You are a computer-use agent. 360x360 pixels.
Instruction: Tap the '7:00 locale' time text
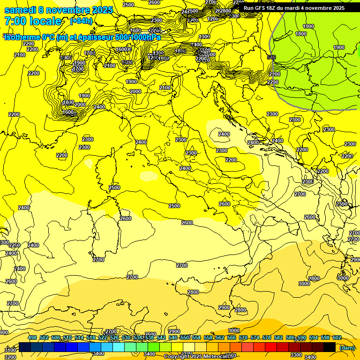point(33,21)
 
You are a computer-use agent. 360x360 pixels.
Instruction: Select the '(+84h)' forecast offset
point(81,21)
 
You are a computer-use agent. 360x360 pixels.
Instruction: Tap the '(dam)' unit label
point(347,347)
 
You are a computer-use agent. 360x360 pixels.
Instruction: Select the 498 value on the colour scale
point(32,337)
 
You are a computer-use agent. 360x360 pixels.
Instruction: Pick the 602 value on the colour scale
point(337,337)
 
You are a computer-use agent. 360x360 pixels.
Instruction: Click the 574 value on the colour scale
point(255,337)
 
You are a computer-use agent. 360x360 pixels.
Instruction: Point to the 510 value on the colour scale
point(67,337)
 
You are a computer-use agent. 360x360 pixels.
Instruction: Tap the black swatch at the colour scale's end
point(330,347)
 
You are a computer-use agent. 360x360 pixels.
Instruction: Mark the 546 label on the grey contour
point(271,57)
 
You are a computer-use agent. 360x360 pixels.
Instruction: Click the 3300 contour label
point(296,355)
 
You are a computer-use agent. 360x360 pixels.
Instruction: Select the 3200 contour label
point(10,357)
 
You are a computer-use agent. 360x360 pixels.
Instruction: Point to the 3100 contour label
point(10,350)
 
